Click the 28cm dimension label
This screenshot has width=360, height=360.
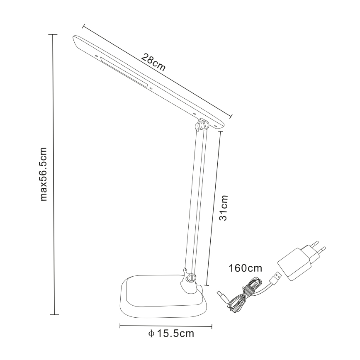pos(153,62)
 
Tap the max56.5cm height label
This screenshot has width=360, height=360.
pos(43,175)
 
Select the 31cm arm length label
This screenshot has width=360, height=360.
pos(223,208)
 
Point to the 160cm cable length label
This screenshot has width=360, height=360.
pos(245,268)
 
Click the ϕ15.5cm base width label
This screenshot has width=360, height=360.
pos(171,333)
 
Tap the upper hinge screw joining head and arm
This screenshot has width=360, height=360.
pos(203,125)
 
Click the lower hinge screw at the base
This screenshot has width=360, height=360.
pos(191,277)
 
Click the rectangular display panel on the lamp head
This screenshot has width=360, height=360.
pos(124,73)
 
